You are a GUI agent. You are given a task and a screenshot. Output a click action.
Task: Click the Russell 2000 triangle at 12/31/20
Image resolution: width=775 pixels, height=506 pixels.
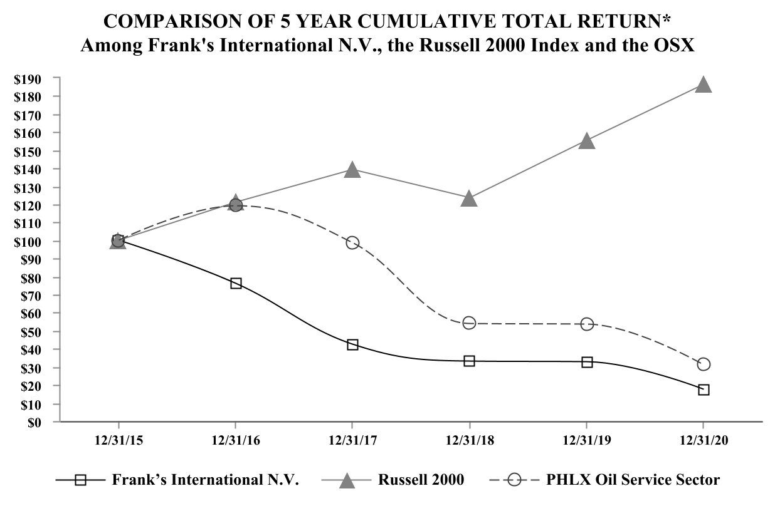[x=704, y=85]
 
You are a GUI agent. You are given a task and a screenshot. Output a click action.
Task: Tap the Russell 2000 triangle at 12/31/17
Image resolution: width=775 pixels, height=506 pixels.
[x=352, y=170]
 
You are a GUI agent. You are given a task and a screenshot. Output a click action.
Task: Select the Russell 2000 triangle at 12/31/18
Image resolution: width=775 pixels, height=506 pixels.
[x=469, y=199]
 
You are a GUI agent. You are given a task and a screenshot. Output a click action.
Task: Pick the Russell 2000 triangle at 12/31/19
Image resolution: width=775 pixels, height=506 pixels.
[x=586, y=141]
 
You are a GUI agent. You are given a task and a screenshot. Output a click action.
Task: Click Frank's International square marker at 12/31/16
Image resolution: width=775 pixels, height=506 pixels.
[x=236, y=283]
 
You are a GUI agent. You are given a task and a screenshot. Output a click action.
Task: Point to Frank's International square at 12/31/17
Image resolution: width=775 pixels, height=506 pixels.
[x=352, y=344]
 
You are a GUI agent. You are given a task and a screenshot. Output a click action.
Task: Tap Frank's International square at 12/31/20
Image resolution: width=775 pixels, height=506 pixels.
[x=704, y=390]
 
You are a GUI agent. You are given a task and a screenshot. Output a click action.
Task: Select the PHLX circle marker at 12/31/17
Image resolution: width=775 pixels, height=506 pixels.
[x=352, y=242]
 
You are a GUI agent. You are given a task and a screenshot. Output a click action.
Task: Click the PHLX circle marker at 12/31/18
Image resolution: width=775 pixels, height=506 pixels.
[x=469, y=323]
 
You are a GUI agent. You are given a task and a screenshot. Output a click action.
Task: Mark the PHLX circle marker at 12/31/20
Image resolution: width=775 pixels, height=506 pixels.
[x=704, y=364]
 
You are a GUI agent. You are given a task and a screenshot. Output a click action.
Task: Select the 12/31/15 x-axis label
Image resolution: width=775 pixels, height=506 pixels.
[x=118, y=441]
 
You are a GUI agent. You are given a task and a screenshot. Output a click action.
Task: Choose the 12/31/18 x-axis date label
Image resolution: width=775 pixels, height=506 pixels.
[x=469, y=441]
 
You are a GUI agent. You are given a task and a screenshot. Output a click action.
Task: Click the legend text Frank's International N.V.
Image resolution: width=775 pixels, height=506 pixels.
[x=206, y=480]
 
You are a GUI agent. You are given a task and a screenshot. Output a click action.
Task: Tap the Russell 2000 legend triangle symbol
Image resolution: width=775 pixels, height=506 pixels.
[x=346, y=480]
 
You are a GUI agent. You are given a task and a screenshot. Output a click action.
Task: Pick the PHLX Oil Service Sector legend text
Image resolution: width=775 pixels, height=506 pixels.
[x=633, y=480]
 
